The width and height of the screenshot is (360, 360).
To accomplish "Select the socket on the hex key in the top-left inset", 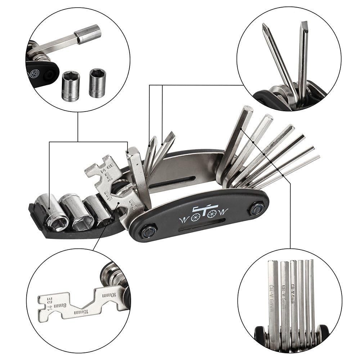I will [x=87, y=33].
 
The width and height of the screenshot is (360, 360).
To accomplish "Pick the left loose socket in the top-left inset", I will [x=71, y=85].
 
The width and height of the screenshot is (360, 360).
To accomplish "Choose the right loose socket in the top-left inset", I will [x=97, y=82].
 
